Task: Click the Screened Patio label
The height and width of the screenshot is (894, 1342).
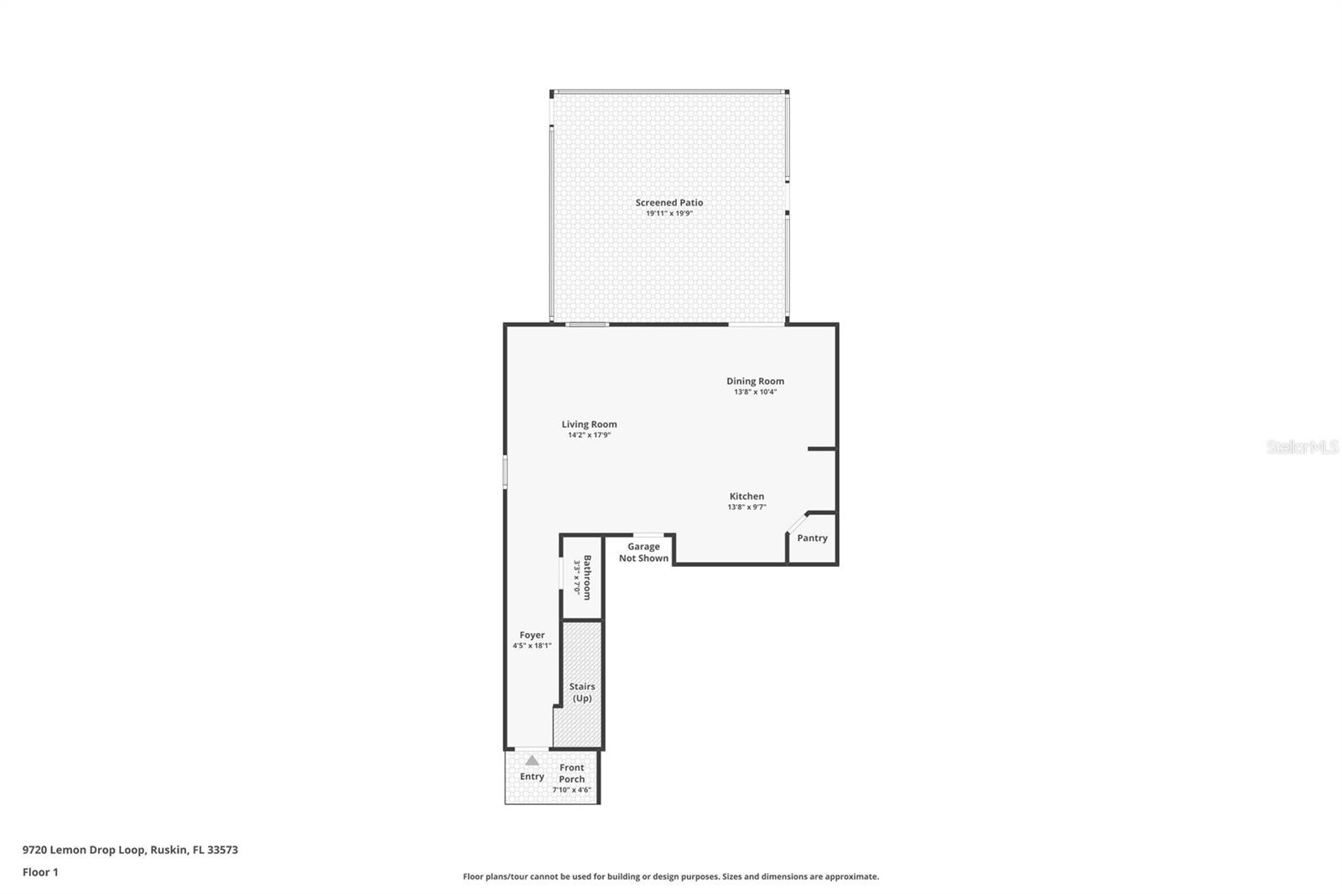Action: (668, 202)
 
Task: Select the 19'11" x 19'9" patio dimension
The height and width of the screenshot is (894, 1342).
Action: (668, 214)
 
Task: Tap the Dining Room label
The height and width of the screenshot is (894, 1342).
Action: (755, 381)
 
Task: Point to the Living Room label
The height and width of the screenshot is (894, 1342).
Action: (589, 424)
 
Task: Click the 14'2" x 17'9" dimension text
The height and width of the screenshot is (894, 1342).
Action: (589, 435)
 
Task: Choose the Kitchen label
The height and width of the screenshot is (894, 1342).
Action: (746, 496)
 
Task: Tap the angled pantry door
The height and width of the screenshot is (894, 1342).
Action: (796, 522)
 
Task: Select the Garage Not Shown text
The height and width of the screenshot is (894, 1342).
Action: (643, 553)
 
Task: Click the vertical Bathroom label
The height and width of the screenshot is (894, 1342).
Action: (587, 577)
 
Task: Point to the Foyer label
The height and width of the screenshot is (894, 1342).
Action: (532, 635)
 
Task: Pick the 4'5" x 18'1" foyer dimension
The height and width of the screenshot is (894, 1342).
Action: (532, 646)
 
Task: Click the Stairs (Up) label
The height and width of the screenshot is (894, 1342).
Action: (582, 692)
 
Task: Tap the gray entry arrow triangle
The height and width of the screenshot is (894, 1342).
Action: (532, 760)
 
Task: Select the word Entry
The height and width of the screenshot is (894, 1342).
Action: (532, 777)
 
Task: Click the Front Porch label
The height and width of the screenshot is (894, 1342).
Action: (572, 773)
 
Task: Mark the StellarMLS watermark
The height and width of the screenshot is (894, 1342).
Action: (1302, 448)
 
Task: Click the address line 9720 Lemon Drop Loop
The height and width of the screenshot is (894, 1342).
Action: (130, 850)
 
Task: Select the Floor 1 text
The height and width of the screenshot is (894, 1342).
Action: (40, 872)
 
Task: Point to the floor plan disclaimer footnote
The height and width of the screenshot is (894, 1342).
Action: (671, 876)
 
